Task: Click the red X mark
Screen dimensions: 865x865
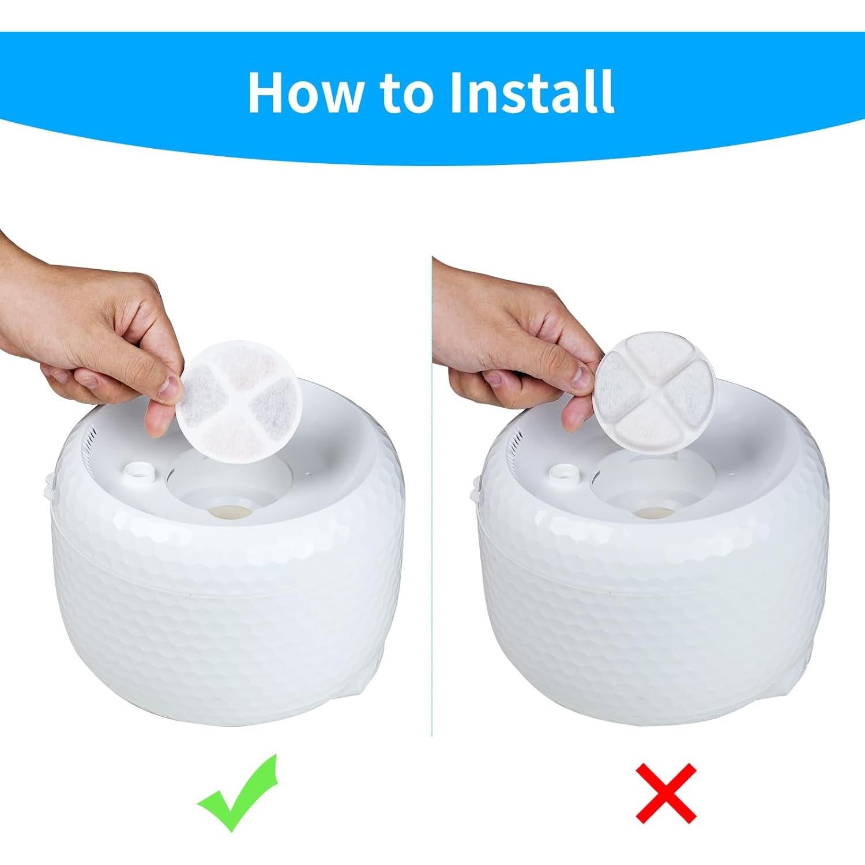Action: (666, 793)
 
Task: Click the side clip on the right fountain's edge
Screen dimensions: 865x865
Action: (475, 487)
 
